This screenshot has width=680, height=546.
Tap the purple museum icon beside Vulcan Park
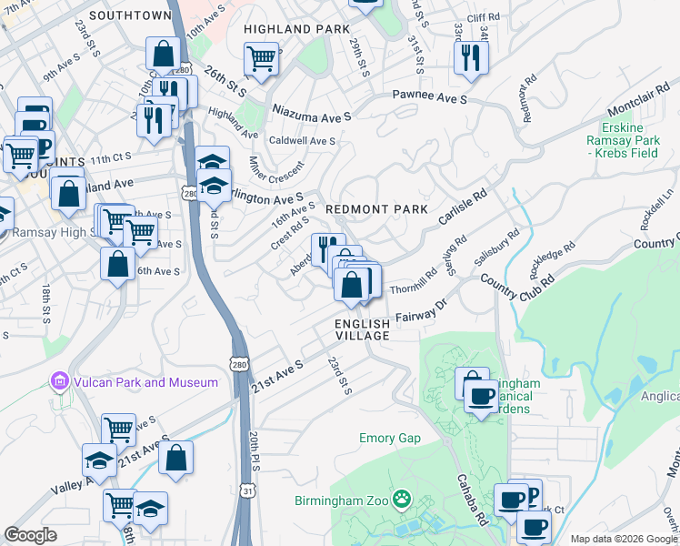pyautogui.click(x=60, y=380)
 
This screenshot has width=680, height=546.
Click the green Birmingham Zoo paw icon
pyautogui.click(x=402, y=500)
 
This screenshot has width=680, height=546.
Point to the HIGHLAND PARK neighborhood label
pyautogui.click(x=296, y=29)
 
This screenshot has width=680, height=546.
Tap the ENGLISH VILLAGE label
pyautogui.click(x=362, y=329)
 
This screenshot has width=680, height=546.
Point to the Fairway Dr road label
pyautogui.click(x=422, y=312)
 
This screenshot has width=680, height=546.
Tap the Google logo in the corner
pyautogui.click(x=30, y=534)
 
